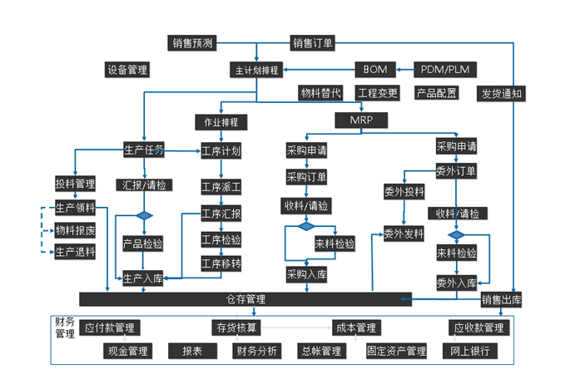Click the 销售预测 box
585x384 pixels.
[x=193, y=43]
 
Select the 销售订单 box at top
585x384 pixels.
[x=312, y=43]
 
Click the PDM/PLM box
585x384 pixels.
[x=446, y=69]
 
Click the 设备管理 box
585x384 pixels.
[x=126, y=70]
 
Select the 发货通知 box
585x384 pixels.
[x=502, y=93]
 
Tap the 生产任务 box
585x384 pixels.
[x=143, y=150]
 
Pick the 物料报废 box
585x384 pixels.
[x=75, y=230]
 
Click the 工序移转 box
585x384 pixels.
[x=221, y=263]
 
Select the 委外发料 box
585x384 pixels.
[x=404, y=234]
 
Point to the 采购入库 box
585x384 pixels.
[x=306, y=273]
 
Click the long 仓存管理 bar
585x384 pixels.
[x=245, y=298]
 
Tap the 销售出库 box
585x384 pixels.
[x=502, y=299]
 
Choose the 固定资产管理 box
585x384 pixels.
[x=396, y=351]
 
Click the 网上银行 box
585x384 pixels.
[x=471, y=351]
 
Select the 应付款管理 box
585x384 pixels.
[x=109, y=328]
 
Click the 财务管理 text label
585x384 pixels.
[x=65, y=327]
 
